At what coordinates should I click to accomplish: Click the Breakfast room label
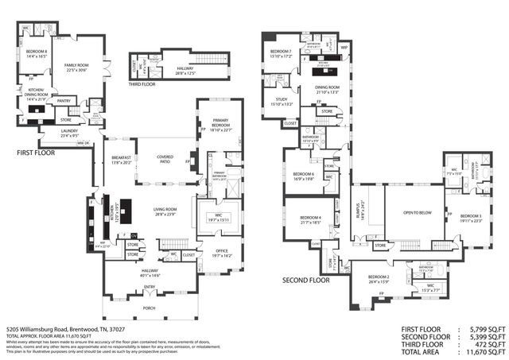tap(121, 159)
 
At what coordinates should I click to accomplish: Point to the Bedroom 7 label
tap(281, 53)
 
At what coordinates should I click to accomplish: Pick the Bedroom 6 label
tap(303, 176)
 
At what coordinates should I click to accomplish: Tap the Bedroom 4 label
tap(309, 220)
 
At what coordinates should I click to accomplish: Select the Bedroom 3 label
tap(470, 218)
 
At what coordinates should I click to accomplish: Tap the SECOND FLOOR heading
tap(306, 280)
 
